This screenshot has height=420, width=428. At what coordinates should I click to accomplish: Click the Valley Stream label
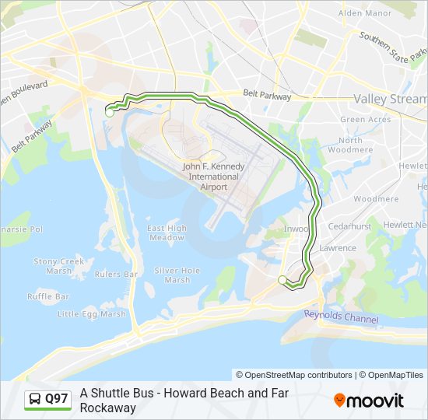point(390,99)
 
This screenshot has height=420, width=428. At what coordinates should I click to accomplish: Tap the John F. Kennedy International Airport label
point(213,177)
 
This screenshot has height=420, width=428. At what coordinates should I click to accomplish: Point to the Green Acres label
point(366,120)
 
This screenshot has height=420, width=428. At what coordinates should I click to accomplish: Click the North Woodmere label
point(350,145)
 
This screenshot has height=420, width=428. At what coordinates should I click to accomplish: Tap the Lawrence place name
point(337,248)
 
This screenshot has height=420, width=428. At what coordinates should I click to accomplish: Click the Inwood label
point(296,229)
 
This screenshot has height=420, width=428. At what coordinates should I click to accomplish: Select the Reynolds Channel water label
point(341,317)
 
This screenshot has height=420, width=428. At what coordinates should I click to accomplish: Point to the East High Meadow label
point(167,233)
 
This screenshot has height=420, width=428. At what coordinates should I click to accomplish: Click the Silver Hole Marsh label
point(177,275)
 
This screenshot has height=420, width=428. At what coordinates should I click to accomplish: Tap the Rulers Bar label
point(116,275)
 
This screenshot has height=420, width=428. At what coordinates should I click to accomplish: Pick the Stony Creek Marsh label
point(58,267)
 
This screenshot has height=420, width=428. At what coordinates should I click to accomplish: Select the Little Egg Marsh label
point(92,314)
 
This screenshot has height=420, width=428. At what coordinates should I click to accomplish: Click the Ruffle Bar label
point(48,296)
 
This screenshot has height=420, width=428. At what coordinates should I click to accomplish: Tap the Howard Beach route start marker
point(109,112)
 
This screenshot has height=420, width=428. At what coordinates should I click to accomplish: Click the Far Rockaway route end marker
point(282,279)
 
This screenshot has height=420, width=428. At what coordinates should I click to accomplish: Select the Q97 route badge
point(48,400)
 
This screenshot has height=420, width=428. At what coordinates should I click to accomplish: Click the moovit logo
point(369,401)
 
